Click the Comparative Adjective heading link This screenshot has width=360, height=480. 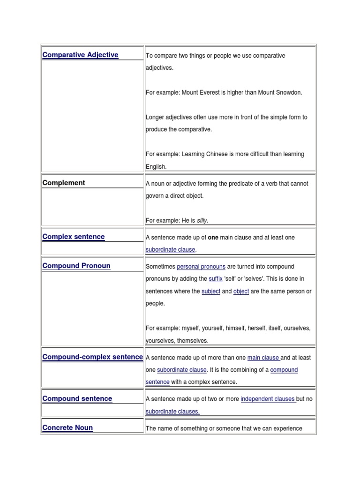tap(80, 55)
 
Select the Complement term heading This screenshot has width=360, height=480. tap(64, 183)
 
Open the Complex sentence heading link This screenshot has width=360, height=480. tap(74, 237)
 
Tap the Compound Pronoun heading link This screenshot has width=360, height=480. tap(76, 266)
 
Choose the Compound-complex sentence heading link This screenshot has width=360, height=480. tap(92, 357)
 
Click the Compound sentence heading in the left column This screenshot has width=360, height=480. tap(77, 398)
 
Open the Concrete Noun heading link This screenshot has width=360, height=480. tap(67, 427)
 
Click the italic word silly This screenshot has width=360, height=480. tap(202, 220)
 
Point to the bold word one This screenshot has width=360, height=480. tap(213, 238)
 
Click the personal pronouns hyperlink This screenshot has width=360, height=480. tap(201, 267)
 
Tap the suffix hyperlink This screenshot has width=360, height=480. tap(216, 279)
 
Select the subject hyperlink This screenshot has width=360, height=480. tap(210, 291)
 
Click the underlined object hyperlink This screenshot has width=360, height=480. tap(241, 291)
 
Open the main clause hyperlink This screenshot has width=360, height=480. tap(263, 358)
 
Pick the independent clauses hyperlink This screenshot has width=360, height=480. tap(268, 399)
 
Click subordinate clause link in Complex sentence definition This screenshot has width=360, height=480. tap(170, 250)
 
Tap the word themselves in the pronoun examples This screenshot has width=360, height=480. tap(192, 341)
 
